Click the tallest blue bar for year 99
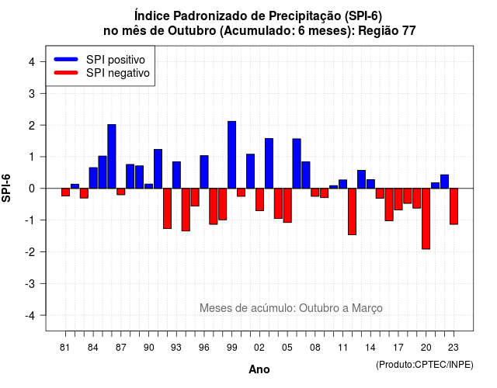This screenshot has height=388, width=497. click(231, 155)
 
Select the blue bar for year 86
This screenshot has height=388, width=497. click(112, 157)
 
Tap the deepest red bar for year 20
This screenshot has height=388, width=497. click(426, 219)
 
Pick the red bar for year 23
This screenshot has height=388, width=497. click(454, 206)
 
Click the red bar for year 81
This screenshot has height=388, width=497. click(65, 192)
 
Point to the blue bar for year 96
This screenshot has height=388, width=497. click(204, 172)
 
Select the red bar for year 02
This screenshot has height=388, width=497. click(259, 199)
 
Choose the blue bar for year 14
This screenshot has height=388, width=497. click(370, 184)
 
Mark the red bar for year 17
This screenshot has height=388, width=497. click(398, 199)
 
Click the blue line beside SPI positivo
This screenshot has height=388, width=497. click(66, 59)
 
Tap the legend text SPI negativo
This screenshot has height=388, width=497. click(118, 73)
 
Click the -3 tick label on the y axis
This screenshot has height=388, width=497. click(30, 283)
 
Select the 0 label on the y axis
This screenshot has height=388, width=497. click(31, 189)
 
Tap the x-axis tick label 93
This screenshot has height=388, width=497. click(176, 348)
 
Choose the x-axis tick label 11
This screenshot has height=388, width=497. click(342, 348)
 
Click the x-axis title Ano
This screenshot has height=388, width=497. click(259, 369)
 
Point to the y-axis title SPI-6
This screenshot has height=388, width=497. click(6, 188)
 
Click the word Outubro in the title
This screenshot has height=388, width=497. click(192, 31)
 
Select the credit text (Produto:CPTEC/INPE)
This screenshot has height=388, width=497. click(425, 365)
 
